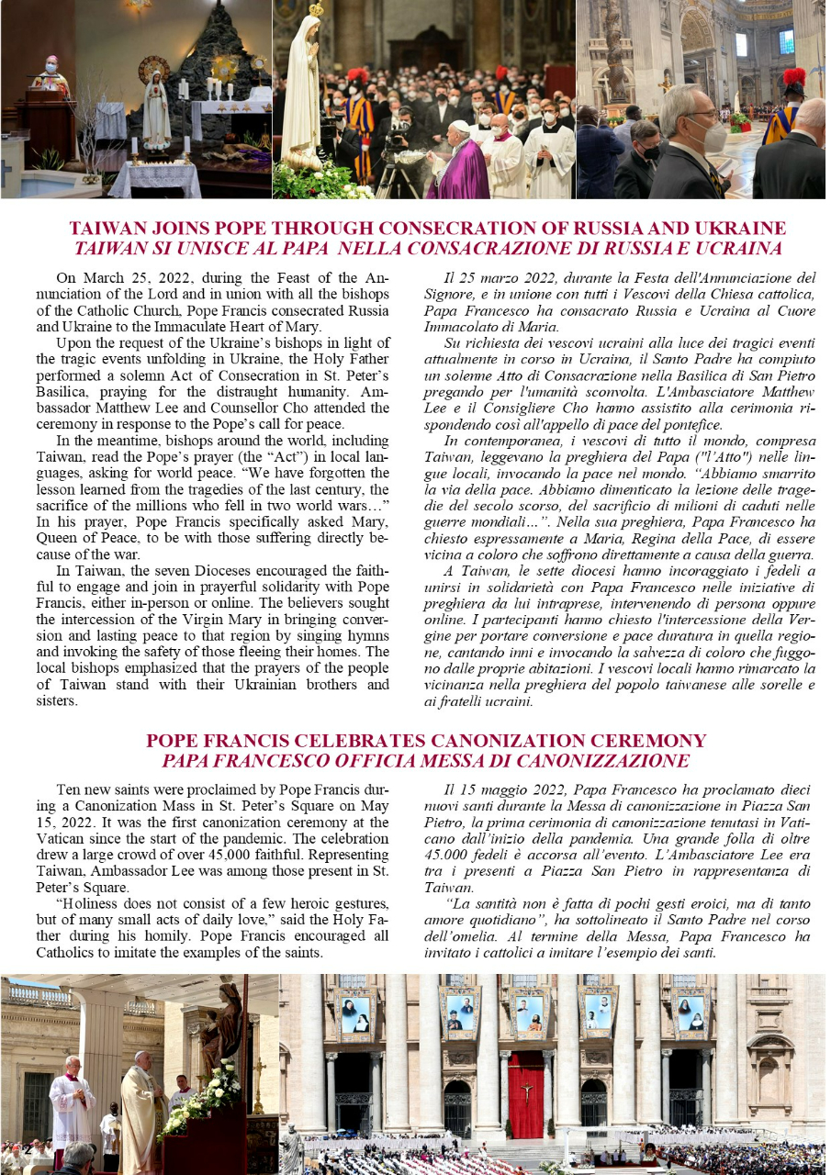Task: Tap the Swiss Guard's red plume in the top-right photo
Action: pyautogui.click(x=793, y=76)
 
